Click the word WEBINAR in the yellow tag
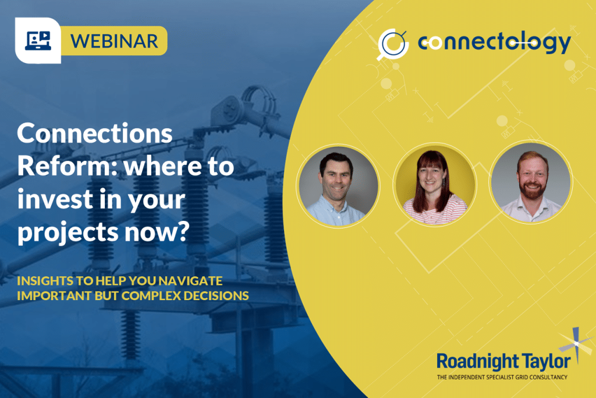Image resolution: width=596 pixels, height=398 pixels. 113,41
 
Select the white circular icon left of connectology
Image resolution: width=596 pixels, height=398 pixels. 391,44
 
